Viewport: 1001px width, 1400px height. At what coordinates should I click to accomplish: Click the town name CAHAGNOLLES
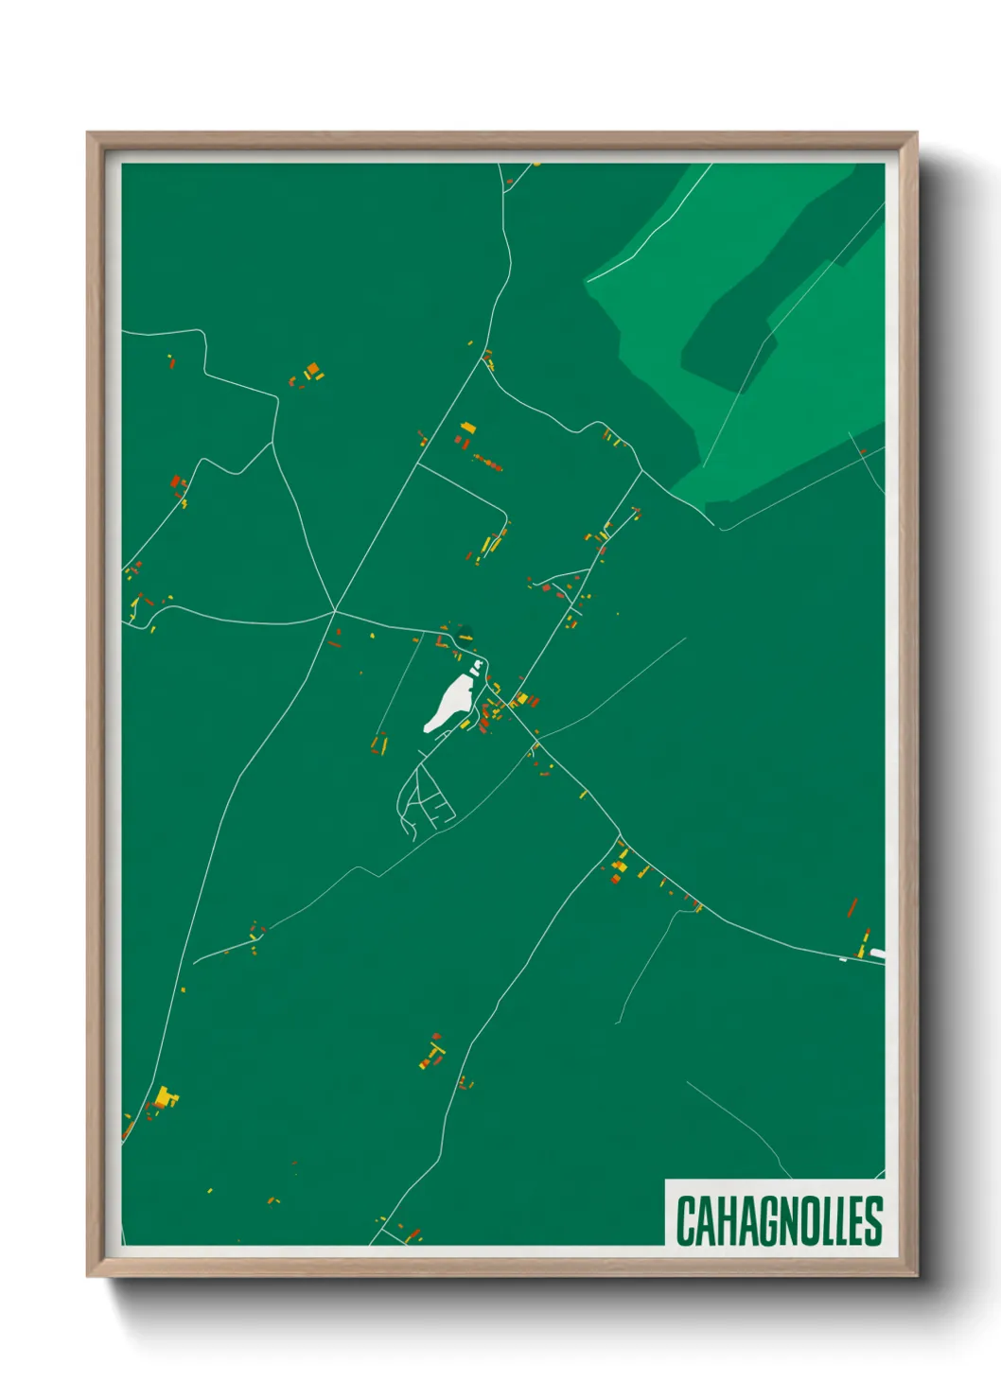tap(779, 1221)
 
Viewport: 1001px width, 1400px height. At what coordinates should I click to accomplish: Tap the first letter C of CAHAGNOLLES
tap(686, 1221)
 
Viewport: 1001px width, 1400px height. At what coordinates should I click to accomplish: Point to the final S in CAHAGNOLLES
tap(874, 1221)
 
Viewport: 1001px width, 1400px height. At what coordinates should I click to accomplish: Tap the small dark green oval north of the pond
tap(464, 631)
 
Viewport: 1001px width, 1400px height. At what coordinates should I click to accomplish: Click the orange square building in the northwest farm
tap(312, 368)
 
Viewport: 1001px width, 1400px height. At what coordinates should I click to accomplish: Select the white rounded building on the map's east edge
tap(877, 953)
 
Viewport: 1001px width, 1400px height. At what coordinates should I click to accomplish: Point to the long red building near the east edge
tap(852, 908)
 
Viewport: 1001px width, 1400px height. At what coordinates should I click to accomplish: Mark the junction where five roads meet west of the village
tap(335, 611)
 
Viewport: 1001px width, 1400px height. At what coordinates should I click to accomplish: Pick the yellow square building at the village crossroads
tap(520, 699)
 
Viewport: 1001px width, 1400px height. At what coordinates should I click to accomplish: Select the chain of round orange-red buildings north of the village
tap(488, 462)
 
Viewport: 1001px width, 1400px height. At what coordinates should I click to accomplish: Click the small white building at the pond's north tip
tap(476, 668)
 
